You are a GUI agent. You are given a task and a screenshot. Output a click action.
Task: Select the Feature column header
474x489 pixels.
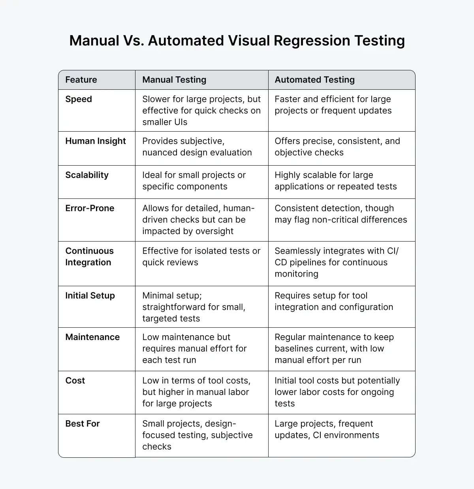[81, 80]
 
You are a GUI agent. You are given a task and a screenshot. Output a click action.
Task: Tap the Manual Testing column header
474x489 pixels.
[174, 80]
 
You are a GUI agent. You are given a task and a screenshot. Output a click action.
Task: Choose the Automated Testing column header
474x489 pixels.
[314, 80]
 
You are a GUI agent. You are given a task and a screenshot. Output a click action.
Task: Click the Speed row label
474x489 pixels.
[79, 99]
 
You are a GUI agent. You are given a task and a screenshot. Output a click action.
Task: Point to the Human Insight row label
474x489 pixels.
[96, 141]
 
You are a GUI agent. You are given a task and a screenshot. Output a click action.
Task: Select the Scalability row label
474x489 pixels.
[87, 175]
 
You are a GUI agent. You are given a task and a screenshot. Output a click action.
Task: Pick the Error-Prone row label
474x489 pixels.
[90, 208]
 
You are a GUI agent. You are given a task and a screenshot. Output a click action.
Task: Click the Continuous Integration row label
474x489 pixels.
[89, 257]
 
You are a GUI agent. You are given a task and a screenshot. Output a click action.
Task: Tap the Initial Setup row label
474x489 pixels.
[90, 296]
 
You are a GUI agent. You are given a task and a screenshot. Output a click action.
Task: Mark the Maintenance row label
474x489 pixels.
[92, 337]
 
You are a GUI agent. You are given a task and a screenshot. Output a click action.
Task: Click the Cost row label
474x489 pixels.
[75, 381]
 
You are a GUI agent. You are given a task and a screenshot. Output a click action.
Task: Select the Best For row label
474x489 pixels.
[83, 424]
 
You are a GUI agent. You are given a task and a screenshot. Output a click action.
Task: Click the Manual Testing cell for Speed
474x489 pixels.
[201, 111]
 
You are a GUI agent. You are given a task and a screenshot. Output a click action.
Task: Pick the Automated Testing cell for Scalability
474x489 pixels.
[335, 181]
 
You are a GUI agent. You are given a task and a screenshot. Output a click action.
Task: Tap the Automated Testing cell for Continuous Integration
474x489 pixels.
[337, 262]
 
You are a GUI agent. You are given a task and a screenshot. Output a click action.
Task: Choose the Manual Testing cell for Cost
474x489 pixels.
[196, 392]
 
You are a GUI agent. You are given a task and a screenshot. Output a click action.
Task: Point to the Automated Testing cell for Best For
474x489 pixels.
[327, 429]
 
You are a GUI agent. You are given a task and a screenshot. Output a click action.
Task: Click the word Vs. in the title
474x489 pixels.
[134, 41]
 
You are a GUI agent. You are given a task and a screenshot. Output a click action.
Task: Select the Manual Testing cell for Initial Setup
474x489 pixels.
[194, 307]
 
